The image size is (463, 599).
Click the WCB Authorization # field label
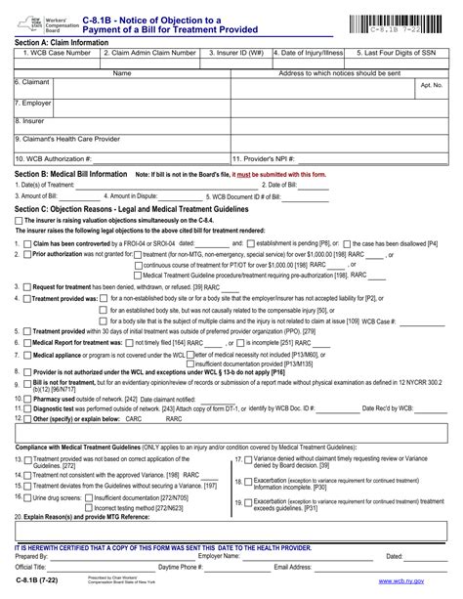click(x=55, y=158)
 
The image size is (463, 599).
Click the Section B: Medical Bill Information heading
click(x=71, y=174)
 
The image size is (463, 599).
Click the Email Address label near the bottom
click(x=294, y=566)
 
